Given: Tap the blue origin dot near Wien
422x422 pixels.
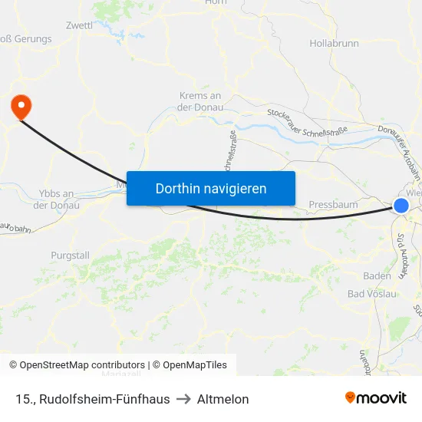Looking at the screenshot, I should pyautogui.click(x=401, y=205).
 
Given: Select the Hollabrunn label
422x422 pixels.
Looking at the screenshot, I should pyautogui.click(x=334, y=44).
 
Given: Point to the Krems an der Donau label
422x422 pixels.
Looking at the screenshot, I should pyautogui.click(x=199, y=101).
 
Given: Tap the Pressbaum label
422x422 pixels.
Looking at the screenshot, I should pyautogui.click(x=332, y=205).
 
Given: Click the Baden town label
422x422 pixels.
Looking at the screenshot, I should pyautogui.click(x=377, y=276).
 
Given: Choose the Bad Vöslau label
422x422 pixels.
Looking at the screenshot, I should pyautogui.click(x=372, y=294).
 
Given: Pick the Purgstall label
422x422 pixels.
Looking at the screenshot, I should pyautogui.click(x=70, y=256).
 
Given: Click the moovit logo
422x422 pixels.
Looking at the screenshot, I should pyautogui.click(x=376, y=398).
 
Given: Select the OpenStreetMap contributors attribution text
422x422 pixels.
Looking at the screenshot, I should pyautogui.click(x=77, y=365).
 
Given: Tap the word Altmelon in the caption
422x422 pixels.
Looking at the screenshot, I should pyautogui.click(x=223, y=399).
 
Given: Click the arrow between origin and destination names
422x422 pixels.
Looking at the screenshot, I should pyautogui.click(x=183, y=399).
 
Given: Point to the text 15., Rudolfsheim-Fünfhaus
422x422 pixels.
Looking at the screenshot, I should pyautogui.click(x=92, y=399).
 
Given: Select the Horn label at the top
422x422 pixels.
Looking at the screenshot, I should pyautogui.click(x=216, y=2).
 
